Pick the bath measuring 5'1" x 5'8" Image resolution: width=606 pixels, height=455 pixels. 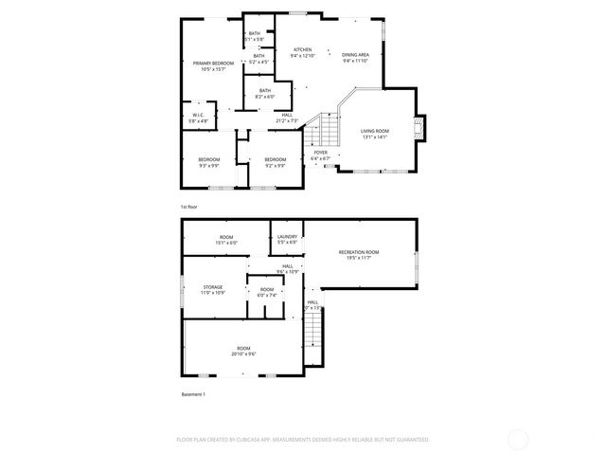pyautogui.click(x=254, y=36)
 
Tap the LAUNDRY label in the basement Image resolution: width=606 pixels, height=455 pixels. pyautogui.click(x=287, y=239)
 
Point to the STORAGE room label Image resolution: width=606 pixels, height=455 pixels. pyautogui.click(x=211, y=289)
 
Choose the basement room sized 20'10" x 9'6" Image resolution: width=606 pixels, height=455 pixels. pyautogui.click(x=243, y=351)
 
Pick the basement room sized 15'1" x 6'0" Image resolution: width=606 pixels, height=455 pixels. pyautogui.click(x=226, y=239)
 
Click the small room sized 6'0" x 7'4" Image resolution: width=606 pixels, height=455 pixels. pyautogui.click(x=267, y=292)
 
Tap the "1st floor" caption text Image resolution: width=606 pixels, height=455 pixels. pyautogui.click(x=189, y=206)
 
